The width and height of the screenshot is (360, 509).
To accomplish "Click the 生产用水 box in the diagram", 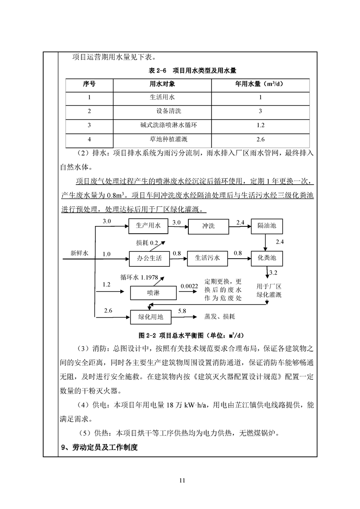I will click(148, 225).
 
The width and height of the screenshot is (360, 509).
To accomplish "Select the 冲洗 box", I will click(208, 225).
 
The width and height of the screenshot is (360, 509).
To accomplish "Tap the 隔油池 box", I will click(267, 225).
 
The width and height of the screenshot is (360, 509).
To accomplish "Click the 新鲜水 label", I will click(80, 254).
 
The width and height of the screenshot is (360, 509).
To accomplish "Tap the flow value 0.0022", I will click(189, 286).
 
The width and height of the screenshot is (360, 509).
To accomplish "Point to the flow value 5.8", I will click(182, 311).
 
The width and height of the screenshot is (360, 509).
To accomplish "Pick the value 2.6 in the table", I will click(260, 139).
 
